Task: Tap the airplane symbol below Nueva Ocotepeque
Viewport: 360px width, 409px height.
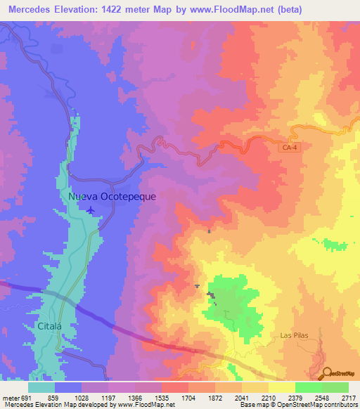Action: click(x=90, y=209)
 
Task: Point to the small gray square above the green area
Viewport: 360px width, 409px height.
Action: click(x=210, y=231)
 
